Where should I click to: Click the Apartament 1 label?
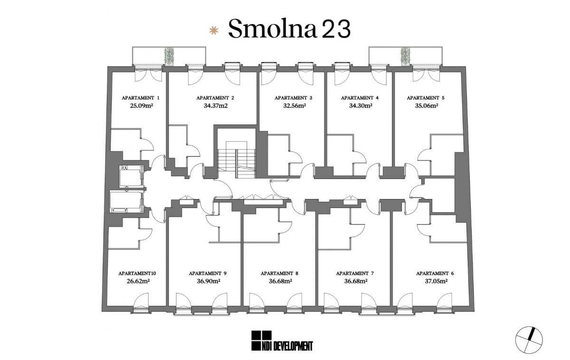141,98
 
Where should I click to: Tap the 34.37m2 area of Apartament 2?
216,105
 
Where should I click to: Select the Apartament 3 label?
293,98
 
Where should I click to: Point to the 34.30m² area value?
361,105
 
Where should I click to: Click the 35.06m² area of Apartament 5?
427,105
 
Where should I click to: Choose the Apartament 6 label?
435,274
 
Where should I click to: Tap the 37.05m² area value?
436,281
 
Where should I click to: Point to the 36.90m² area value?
209,281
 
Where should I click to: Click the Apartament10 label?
137,274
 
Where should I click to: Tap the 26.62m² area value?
138,281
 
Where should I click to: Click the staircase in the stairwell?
237,160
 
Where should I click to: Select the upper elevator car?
131,176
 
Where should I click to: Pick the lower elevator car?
125,201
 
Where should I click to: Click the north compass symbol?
529,340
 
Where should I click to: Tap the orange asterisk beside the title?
214,31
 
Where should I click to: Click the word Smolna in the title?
273,28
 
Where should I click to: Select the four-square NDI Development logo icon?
261,341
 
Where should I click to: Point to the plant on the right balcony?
405,56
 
